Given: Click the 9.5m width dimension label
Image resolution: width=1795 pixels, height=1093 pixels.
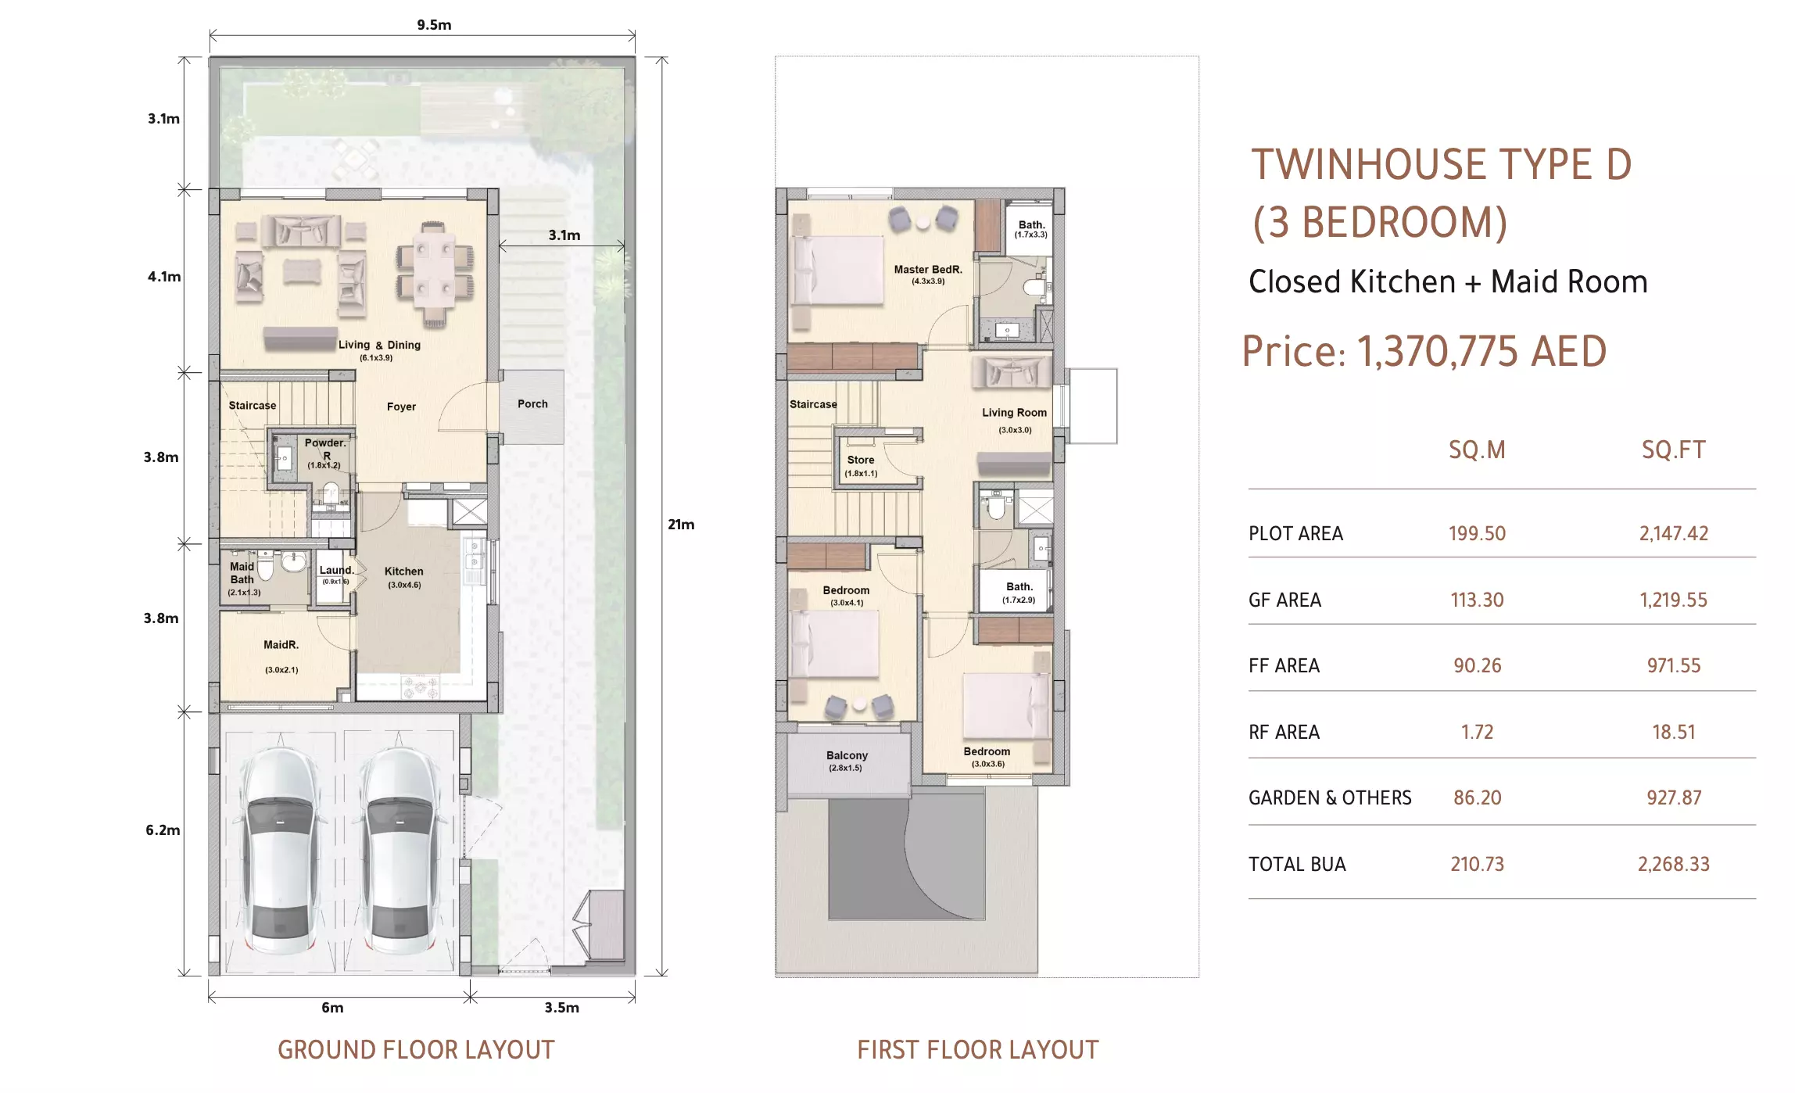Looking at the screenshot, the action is coord(434,25).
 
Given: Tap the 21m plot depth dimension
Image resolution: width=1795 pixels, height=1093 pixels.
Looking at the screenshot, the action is coord(681,525).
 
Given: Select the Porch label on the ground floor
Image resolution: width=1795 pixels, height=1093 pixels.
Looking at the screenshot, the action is coord(532,404).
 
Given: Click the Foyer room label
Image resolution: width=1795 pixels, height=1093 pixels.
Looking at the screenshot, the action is coord(401,407).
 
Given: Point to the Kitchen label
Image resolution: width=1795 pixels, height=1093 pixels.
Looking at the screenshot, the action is coord(403,572).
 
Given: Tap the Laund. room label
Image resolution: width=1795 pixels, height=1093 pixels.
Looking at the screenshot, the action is coord(336,570).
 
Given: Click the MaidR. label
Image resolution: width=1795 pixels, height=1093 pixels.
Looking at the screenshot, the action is coord(281,645).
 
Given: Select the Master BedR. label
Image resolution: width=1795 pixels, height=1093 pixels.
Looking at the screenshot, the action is coord(928,270).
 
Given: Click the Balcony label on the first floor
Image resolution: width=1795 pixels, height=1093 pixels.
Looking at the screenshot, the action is coord(847,755).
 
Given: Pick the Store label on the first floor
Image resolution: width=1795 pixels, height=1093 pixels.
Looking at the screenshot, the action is coord(861,460).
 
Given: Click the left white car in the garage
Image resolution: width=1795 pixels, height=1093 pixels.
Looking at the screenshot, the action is coord(279,851).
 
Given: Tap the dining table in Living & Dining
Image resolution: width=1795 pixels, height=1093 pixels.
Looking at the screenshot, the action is coord(435,274).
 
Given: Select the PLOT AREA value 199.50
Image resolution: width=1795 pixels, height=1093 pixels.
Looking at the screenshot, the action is coord(1477,534).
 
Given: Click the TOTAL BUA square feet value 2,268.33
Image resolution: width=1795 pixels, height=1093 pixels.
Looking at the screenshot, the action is coord(1674,865).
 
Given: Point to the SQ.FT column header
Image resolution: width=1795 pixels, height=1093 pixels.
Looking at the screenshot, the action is coord(1674,450).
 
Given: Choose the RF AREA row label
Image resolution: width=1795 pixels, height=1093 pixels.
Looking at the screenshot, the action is coord(1284,733).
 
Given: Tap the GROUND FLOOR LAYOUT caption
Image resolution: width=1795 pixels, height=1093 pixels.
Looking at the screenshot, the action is coord(416,1050).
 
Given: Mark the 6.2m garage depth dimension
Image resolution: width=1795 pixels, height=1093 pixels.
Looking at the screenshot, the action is coord(163,830).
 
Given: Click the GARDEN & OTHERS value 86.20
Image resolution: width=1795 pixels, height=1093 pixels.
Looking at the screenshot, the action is coord(1477,798).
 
